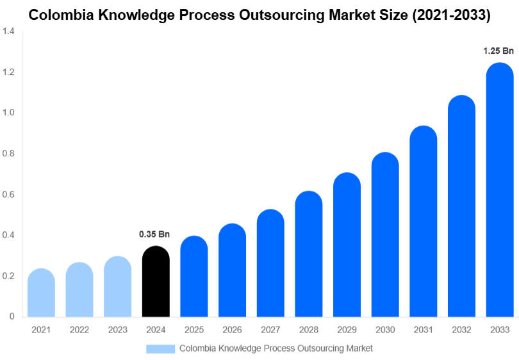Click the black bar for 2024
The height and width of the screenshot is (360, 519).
pyautogui.click(x=156, y=282)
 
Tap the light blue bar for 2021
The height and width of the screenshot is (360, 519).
pyautogui.click(x=41, y=293)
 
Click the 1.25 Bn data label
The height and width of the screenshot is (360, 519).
pyautogui.click(x=499, y=51)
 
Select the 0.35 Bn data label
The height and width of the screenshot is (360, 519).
pyautogui.click(x=155, y=234)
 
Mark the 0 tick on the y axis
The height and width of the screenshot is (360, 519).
pyautogui.click(x=12, y=316)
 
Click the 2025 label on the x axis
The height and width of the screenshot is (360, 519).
pyautogui.click(x=194, y=330)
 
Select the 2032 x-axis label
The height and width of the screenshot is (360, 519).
pyautogui.click(x=461, y=330)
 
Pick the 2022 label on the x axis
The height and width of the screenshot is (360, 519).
pyautogui.click(x=79, y=330)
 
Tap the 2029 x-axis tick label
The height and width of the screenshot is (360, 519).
pyautogui.click(x=347, y=330)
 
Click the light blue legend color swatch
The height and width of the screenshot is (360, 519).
pyautogui.click(x=160, y=348)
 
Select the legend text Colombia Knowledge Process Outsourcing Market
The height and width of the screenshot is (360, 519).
pyautogui.click(x=276, y=348)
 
